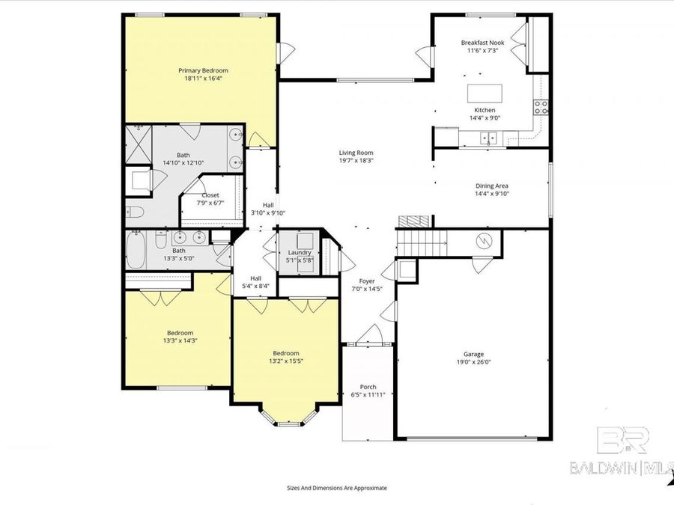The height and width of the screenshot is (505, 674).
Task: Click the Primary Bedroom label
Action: (202, 70)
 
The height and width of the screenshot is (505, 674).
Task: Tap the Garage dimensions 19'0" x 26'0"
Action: (473, 362)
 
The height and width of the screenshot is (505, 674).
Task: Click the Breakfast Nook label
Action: (482, 43)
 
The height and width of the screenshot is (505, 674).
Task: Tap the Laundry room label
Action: (300, 252)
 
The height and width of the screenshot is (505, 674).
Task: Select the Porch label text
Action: (368, 387)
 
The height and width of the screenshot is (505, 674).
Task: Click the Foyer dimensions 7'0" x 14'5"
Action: (368, 290)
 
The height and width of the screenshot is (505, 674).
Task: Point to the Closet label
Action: (210, 195)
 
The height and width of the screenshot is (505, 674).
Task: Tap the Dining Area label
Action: (492, 186)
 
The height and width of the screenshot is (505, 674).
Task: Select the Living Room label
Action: (356, 152)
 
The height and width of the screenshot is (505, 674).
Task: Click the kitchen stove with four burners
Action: (541, 106)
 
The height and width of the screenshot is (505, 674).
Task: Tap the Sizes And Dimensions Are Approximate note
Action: (336, 487)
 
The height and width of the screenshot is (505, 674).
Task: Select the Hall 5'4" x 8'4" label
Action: (256, 281)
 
